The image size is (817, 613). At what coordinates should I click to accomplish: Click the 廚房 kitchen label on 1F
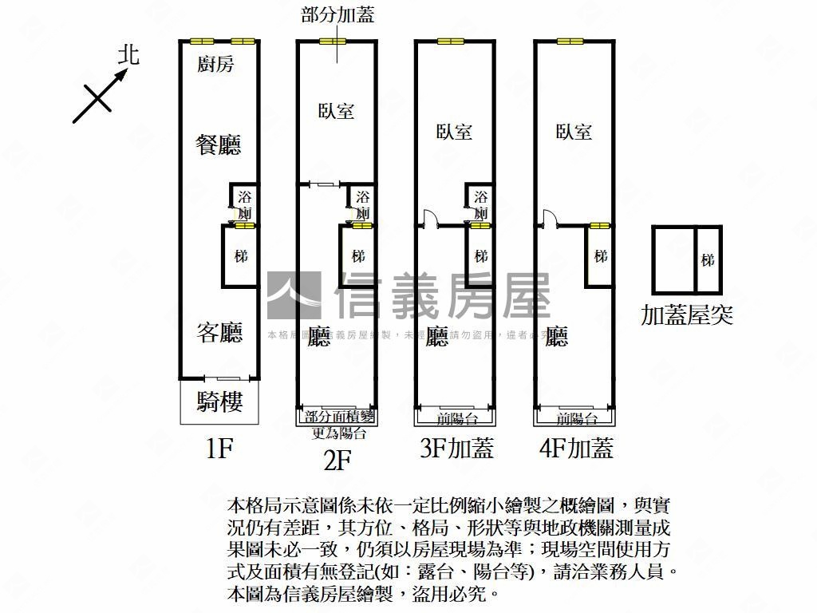point(215,65)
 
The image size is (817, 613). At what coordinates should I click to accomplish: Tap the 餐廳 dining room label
point(219,144)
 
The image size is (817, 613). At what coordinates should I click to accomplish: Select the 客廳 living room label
point(219,332)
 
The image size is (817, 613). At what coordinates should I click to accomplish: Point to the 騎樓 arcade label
point(219,402)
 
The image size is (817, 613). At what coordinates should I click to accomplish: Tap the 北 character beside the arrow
point(128,54)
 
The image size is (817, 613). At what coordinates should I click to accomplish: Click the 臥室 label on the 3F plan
point(454,132)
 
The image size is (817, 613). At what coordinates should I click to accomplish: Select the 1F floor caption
point(218,449)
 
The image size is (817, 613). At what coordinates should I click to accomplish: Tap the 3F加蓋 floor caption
point(456,449)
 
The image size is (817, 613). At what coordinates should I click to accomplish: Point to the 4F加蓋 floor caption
point(576,449)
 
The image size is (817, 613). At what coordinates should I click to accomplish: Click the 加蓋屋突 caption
point(687,315)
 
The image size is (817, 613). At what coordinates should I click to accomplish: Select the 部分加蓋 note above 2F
point(337,14)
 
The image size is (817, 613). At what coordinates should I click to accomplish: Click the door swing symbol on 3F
point(427,218)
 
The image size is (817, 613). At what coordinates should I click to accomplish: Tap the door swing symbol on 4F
point(547,218)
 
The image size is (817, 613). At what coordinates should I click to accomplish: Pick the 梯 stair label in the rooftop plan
point(708,260)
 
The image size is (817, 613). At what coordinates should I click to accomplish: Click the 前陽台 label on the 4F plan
point(576,418)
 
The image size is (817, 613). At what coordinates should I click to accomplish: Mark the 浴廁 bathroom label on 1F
point(244,204)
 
